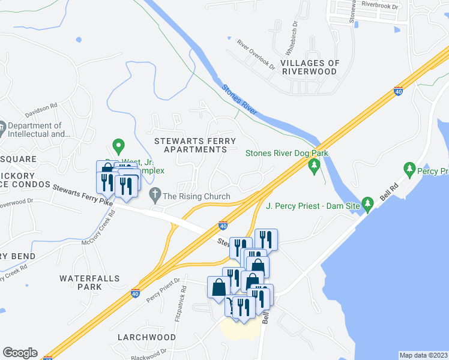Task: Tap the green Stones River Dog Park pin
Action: click(313, 165)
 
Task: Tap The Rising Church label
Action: click(196, 196)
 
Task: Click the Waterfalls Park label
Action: click(89, 283)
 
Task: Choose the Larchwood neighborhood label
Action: click(146, 337)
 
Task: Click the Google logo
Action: click(20, 353)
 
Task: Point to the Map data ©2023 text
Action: click(423, 355)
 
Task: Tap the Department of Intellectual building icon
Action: click(3, 127)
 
